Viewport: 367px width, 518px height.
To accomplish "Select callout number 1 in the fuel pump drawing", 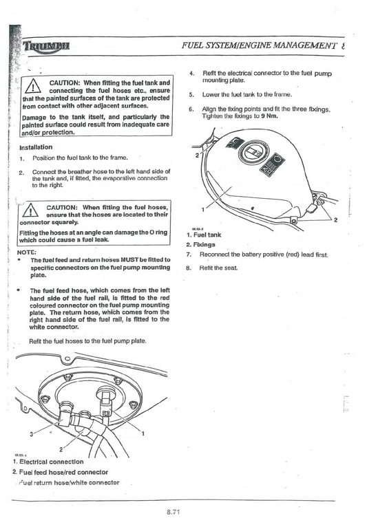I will (x=142, y=433).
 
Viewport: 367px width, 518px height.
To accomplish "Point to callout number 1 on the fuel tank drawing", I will (x=202, y=207).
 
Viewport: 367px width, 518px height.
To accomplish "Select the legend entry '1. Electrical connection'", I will (x=48, y=462).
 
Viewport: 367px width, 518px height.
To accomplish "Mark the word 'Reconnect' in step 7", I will (x=218, y=255).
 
